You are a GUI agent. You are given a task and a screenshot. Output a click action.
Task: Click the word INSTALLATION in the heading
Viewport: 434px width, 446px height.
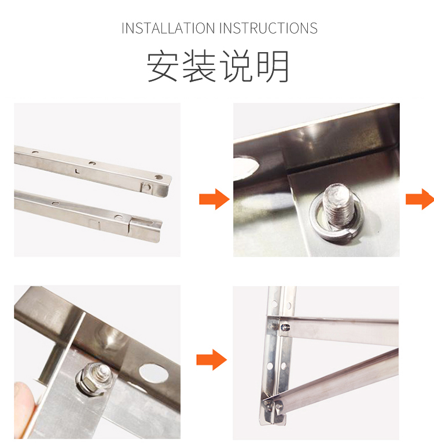168,28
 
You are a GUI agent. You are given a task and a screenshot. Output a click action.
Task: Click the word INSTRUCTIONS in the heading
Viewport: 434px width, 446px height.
269,28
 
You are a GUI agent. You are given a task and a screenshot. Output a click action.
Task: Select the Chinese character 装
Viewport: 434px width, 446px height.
199,66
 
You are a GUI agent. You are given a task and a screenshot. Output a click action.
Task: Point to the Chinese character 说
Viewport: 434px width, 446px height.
236,66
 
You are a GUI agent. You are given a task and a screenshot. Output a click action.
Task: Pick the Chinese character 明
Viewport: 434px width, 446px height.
273,66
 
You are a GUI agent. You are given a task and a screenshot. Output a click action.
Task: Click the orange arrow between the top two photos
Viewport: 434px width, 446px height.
214,199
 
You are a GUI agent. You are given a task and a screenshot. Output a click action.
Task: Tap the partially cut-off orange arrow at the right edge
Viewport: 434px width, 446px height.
420,199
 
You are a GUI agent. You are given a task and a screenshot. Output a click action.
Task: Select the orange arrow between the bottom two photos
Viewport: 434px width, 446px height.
212,360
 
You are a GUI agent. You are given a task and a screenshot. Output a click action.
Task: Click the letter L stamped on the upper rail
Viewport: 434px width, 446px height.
77,171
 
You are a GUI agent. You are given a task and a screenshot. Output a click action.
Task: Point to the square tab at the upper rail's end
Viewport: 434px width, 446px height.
147,188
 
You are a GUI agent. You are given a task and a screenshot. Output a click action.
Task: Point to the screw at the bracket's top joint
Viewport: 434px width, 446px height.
285,327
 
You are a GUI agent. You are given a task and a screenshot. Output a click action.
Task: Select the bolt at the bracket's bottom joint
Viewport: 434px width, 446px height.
278,405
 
